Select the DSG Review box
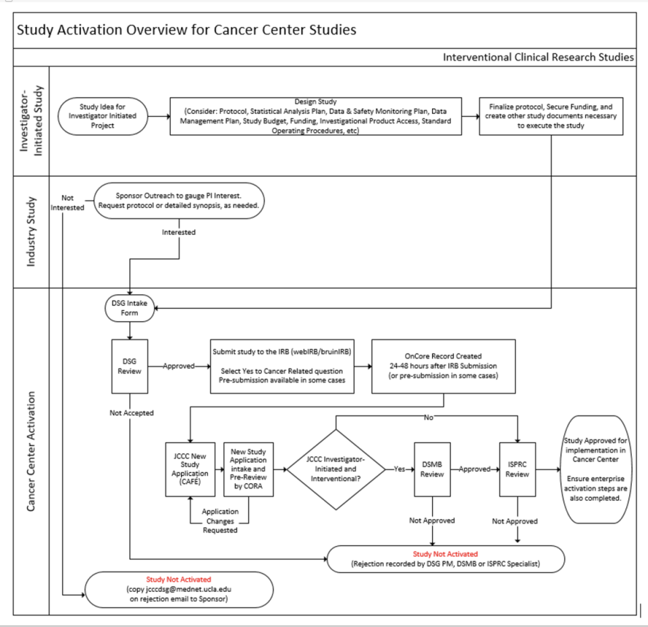129,366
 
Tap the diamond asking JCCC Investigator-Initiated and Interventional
335,468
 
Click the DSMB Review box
432,468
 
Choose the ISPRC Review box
517,468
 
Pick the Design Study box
315,116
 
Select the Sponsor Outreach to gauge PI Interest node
179,200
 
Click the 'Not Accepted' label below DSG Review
131,412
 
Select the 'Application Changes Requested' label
220,520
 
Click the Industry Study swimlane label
31,231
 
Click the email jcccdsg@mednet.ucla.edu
179,589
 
